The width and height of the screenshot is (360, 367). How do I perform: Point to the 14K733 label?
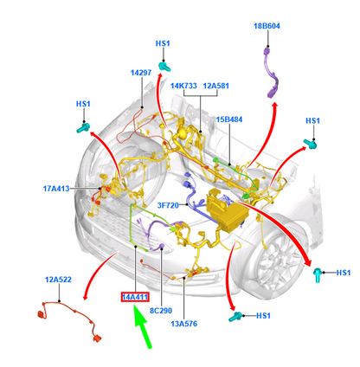(183, 87)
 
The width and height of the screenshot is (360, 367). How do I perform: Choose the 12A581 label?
(216, 87)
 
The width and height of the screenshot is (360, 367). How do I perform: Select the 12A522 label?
(58, 280)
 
